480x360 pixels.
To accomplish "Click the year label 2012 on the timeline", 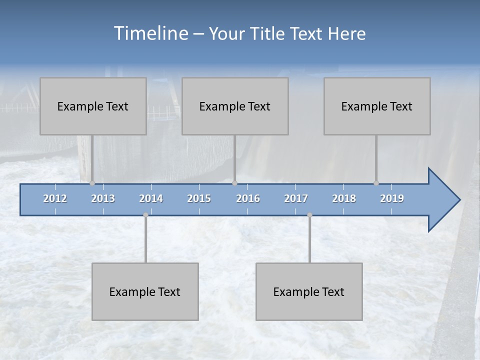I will point(55,198).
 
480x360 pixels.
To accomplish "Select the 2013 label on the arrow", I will point(103,198).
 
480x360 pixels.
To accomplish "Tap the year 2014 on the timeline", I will point(151,198).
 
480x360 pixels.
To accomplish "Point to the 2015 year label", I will point(199,198).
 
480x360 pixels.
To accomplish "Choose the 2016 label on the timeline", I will point(248,198).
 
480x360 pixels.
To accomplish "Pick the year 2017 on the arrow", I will point(296,198).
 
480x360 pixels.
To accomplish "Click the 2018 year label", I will point(344,198).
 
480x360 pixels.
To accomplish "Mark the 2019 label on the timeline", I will point(392,198).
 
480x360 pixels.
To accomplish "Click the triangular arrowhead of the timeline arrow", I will point(443,200).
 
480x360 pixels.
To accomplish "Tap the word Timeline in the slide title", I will point(150,33).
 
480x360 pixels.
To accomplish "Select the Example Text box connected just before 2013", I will point(93,106).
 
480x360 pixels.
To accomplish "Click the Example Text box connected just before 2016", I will point(235,106).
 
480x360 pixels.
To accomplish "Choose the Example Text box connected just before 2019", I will point(377,106).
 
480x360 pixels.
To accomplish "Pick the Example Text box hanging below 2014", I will point(145,291).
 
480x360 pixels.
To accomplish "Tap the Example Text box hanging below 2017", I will point(309,291).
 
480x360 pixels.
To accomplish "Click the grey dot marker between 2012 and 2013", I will point(92,183).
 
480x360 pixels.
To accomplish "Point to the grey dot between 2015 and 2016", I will point(234,183).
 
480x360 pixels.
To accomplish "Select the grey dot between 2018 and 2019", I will point(376,183).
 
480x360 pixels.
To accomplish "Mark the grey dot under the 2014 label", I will point(145,215).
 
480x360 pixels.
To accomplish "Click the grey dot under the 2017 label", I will point(309,215).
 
